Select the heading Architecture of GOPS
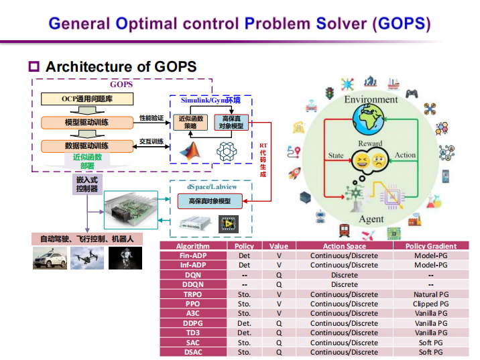tap(121, 66)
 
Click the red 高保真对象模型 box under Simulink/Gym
tap(231, 122)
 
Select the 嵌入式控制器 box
tap(86, 184)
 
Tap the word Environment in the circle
tap(371, 100)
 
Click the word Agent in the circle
tap(371, 219)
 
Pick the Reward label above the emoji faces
tap(370, 143)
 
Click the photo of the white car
tap(49, 258)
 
